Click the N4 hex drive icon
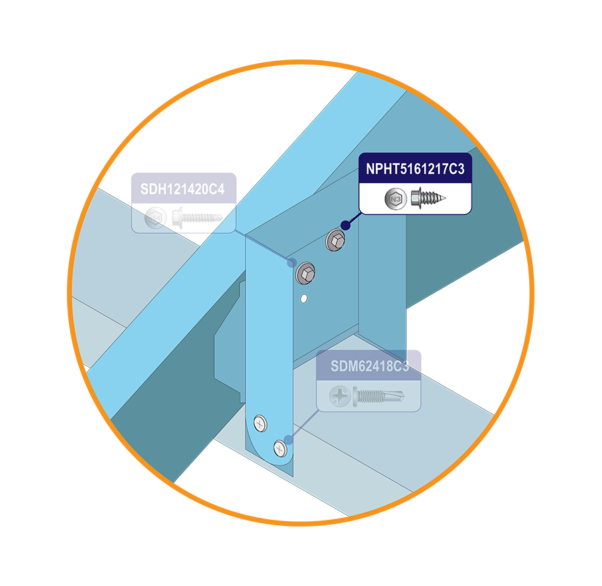155,218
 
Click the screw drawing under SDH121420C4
197,218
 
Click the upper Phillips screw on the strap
260,423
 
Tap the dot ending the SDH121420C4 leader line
292,263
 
